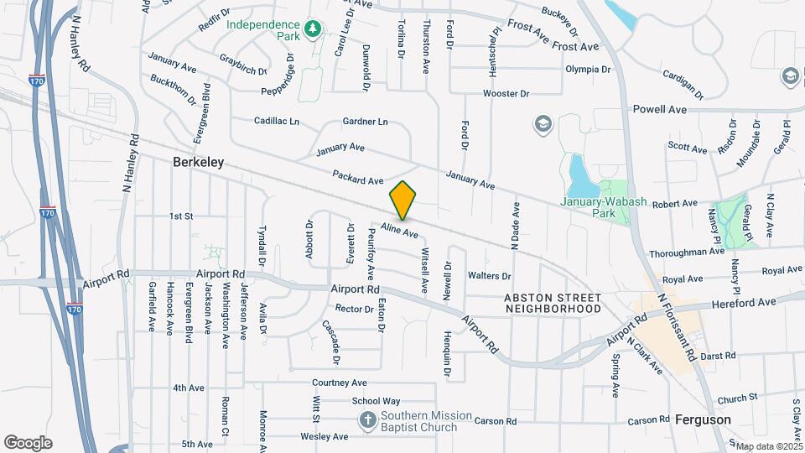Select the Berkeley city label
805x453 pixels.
[199, 162]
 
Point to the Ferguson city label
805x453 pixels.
[703, 419]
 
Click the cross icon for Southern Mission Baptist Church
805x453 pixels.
[367, 419]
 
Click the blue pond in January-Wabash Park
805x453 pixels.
[579, 174]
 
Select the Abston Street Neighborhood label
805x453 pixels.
[553, 304]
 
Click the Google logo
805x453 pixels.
[28, 443]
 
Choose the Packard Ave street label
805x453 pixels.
[357, 177]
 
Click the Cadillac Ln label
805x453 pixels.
[276, 122]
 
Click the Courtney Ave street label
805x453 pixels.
[340, 383]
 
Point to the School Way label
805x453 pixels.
[376, 401]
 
